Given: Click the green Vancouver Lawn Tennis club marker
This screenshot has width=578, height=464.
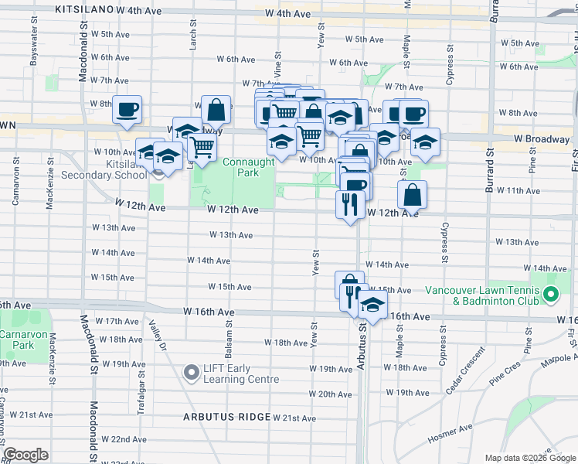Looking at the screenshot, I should (551, 295).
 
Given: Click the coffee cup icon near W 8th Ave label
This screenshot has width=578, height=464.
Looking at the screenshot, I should (127, 109).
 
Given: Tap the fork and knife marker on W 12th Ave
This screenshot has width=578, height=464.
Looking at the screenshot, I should (350, 204).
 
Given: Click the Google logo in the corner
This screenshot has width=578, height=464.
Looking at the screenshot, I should (25, 455).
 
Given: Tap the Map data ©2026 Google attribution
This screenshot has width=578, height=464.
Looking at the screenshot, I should (530, 458).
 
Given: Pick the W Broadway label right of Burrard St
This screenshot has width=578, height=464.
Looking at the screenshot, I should (541, 139).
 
